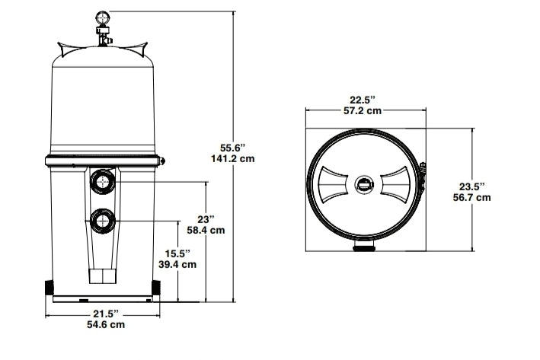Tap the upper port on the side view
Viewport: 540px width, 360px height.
click(x=102, y=182)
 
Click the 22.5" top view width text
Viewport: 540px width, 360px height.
click(x=364, y=98)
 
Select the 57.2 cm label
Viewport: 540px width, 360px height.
click(x=364, y=111)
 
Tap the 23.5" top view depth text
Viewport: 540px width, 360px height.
click(x=472, y=185)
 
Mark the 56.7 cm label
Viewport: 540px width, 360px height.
click(x=472, y=198)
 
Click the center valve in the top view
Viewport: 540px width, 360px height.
click(x=365, y=183)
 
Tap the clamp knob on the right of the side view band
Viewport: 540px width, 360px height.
click(x=163, y=160)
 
